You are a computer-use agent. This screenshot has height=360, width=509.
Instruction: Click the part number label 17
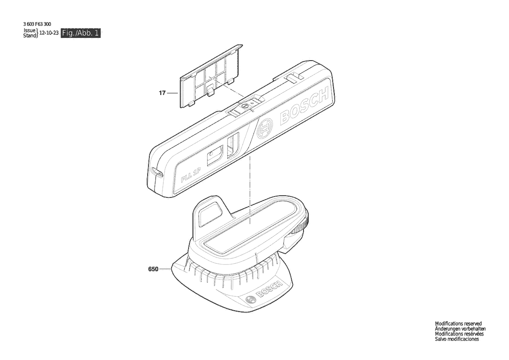[162, 93]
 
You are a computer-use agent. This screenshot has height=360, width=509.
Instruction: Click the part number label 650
[153, 269]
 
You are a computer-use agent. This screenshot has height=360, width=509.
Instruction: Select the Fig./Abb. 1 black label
[81, 33]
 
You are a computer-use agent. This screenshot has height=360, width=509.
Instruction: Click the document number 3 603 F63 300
[37, 24]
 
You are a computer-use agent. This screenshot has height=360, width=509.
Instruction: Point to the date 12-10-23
[49, 33]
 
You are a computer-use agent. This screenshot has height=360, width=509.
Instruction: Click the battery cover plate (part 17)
[212, 76]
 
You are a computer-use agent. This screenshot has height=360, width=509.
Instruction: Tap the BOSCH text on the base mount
[269, 289]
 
